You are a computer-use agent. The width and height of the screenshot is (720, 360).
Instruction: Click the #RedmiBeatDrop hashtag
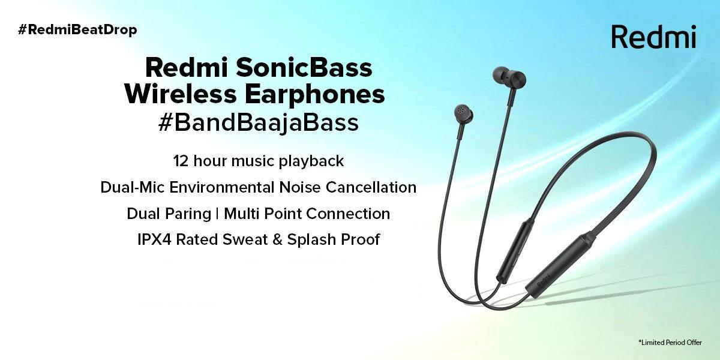(x=77, y=29)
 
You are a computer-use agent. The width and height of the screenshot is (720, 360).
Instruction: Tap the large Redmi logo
(x=653, y=37)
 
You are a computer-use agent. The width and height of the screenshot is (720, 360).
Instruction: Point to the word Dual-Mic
(x=133, y=187)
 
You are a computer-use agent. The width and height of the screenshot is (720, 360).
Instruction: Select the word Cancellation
(x=371, y=187)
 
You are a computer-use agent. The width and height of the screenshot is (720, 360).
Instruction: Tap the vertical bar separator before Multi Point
(x=217, y=214)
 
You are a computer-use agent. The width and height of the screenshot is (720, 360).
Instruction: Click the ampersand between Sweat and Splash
(x=276, y=239)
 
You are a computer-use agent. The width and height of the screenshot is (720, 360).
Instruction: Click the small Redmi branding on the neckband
(x=543, y=281)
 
